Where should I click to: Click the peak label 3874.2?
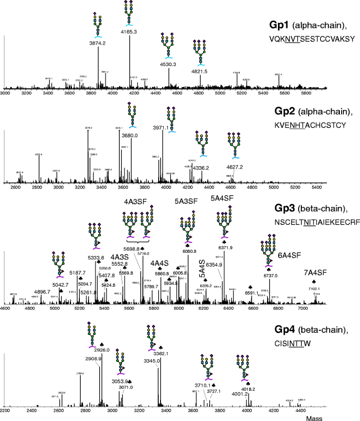[x=98, y=43]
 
